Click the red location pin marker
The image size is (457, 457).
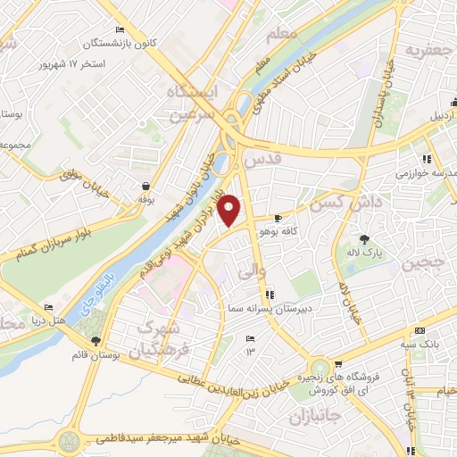pos(230,211)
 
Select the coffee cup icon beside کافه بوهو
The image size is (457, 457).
pos(278,219)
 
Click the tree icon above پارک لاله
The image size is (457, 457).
pos(364,238)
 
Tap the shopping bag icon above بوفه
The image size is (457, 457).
pos(145,186)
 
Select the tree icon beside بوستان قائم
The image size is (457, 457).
pos(96,341)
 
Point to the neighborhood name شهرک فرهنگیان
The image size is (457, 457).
pos(160,338)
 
